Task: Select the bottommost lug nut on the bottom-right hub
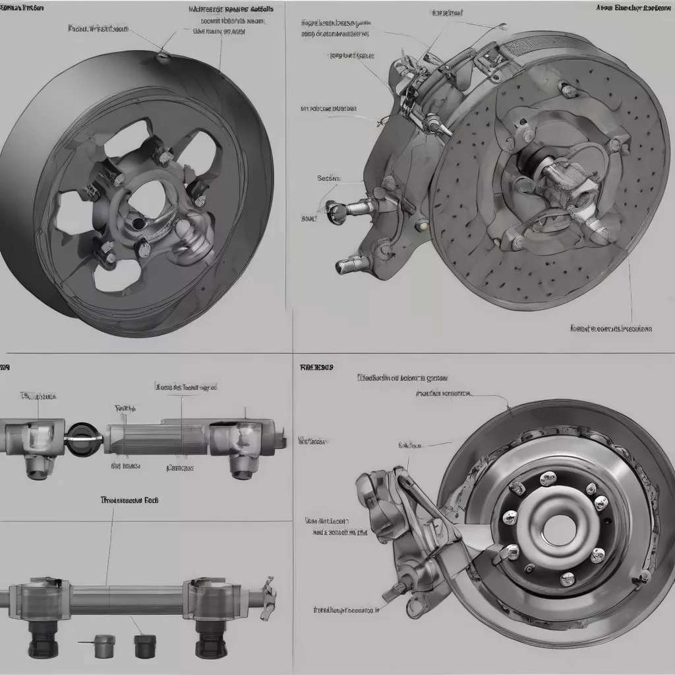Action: click(x=567, y=579)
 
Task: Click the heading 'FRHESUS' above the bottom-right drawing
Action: click(x=316, y=367)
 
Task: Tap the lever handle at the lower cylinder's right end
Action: click(x=268, y=597)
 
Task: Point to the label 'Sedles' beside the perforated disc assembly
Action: click(x=328, y=178)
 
